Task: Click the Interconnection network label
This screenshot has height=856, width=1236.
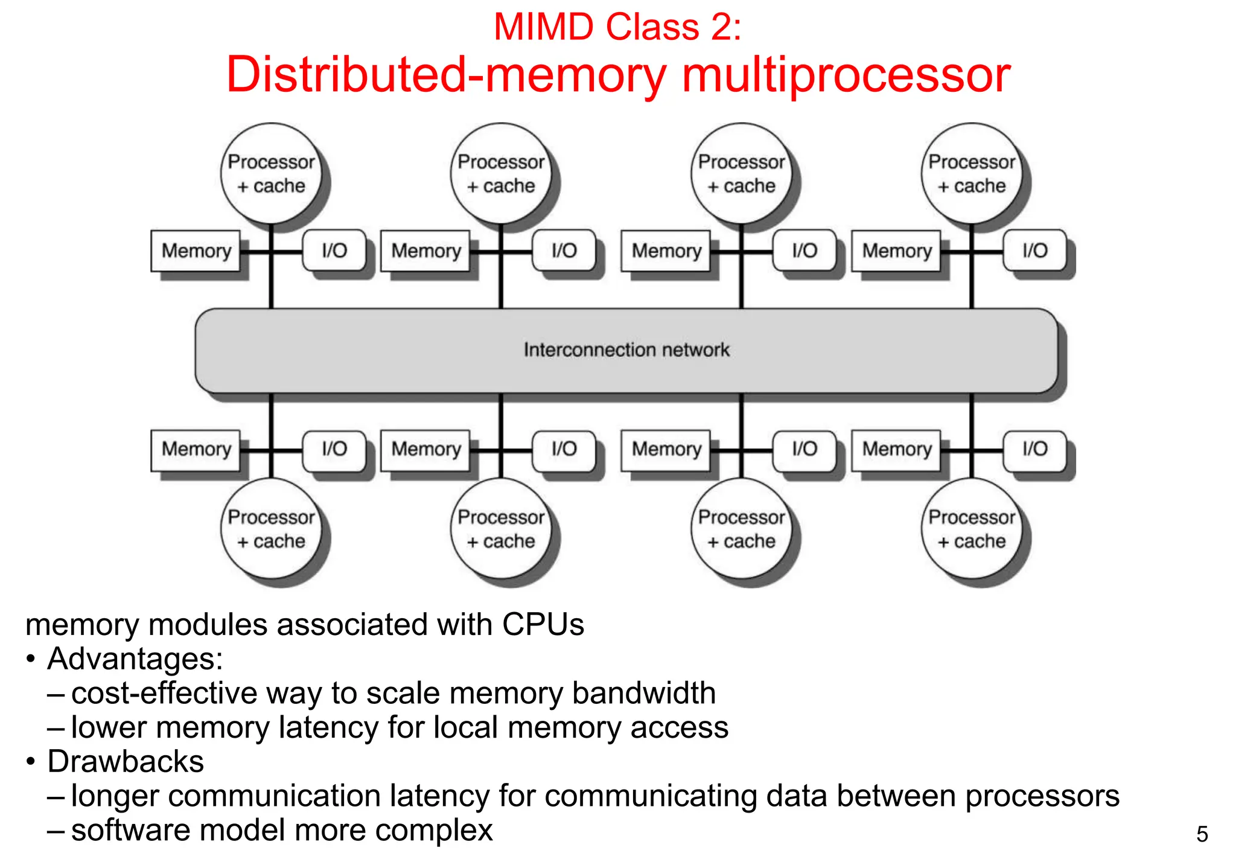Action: click(x=626, y=350)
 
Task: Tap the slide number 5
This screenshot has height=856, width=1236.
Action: click(x=1202, y=834)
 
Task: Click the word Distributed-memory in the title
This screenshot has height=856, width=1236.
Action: click(x=446, y=75)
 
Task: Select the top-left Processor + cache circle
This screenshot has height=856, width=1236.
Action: click(x=271, y=174)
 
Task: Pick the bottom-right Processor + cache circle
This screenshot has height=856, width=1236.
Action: click(x=972, y=529)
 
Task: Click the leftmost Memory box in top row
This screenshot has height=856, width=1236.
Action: click(x=196, y=251)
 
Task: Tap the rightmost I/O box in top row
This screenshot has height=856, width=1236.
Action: click(x=1034, y=251)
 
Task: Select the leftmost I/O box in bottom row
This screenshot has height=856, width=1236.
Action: click(x=334, y=449)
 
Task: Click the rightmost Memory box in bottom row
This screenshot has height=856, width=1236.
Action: click(x=896, y=449)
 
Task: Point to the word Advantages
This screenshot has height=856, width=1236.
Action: click(x=135, y=659)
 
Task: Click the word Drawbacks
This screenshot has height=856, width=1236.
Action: click(x=126, y=762)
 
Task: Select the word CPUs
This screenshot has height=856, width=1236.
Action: click(x=543, y=624)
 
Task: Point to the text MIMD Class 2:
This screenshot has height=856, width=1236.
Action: click(x=617, y=27)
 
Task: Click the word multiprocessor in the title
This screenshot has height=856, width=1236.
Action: click(x=846, y=75)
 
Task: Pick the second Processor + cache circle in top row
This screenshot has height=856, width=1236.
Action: click(x=501, y=174)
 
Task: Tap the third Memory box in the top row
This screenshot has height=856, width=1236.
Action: click(x=666, y=251)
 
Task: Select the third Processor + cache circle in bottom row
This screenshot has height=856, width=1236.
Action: click(x=741, y=529)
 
